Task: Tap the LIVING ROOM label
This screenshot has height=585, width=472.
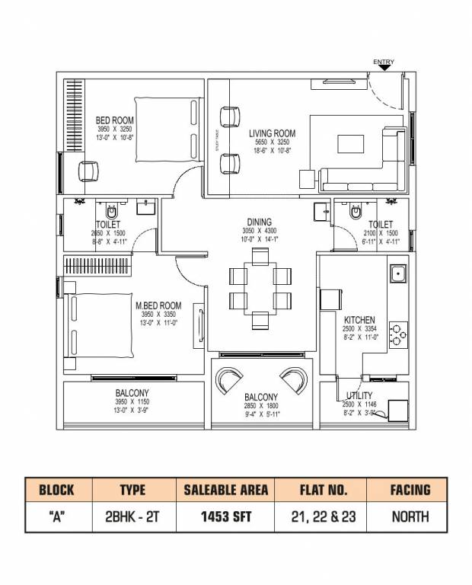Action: [x=272, y=133]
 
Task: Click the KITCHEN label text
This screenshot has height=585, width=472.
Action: [x=359, y=320]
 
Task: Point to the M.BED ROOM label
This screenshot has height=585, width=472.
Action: [x=158, y=305]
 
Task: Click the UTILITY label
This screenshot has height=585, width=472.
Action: [x=359, y=395]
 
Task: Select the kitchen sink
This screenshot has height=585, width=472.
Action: [x=397, y=273]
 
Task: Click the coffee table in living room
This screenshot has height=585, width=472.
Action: [x=351, y=145]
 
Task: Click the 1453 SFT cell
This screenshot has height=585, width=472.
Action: [x=226, y=516]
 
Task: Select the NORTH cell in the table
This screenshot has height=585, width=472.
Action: [x=410, y=516]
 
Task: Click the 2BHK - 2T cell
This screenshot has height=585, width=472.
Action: [x=132, y=516]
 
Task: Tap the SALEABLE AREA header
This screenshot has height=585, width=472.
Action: [x=226, y=490]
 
